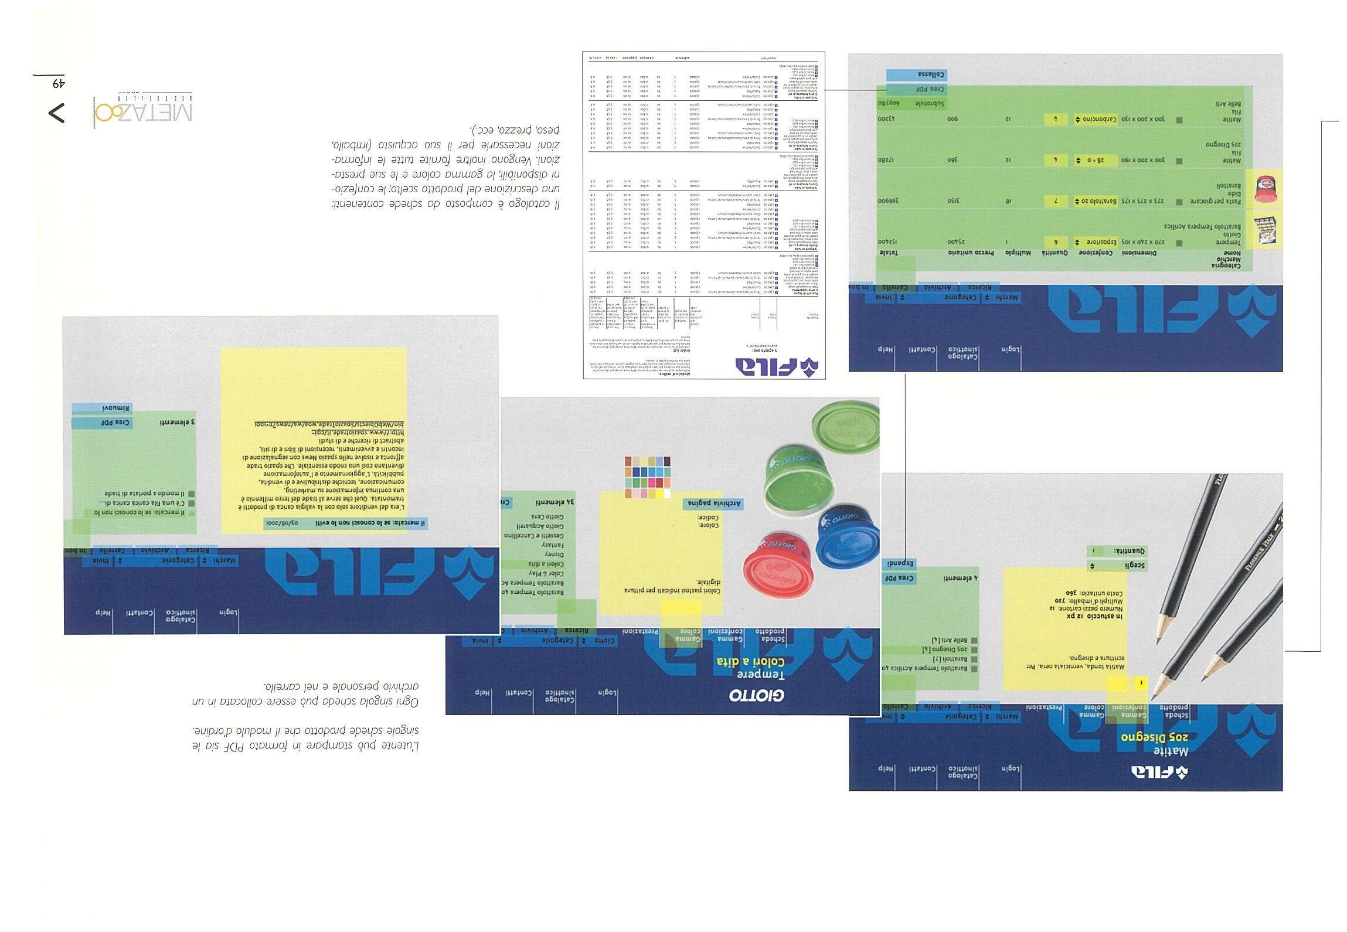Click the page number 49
click(58, 84)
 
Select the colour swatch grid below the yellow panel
click(648, 477)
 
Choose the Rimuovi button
click(102, 408)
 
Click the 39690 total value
click(891, 200)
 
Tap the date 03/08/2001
click(282, 523)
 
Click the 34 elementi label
click(554, 502)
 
